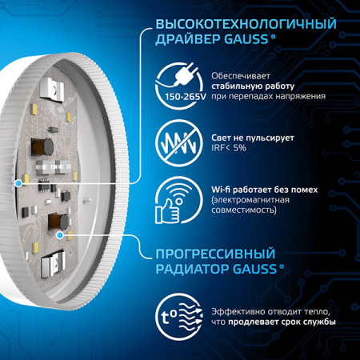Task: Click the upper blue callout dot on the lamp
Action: (18, 183)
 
